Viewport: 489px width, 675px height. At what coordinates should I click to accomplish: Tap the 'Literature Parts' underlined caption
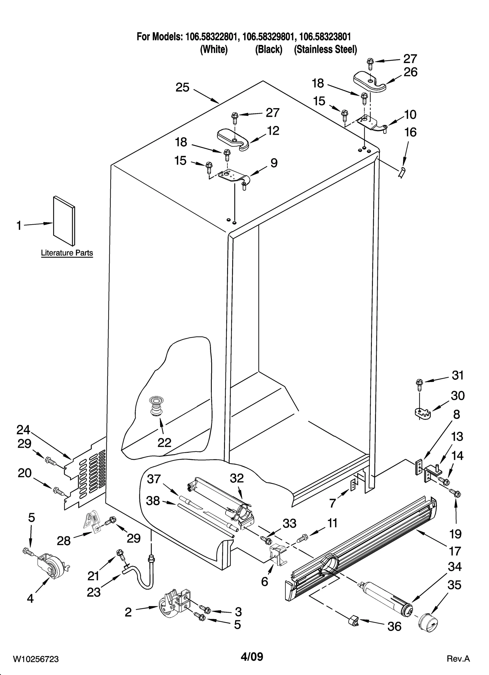tap(67, 253)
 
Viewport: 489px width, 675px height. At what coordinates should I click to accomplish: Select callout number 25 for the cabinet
tap(182, 88)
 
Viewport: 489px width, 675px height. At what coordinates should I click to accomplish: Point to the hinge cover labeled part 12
tap(233, 139)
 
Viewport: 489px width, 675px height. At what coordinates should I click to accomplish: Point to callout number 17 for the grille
tap(455, 551)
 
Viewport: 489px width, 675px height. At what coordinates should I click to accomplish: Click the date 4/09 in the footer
tap(252, 656)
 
